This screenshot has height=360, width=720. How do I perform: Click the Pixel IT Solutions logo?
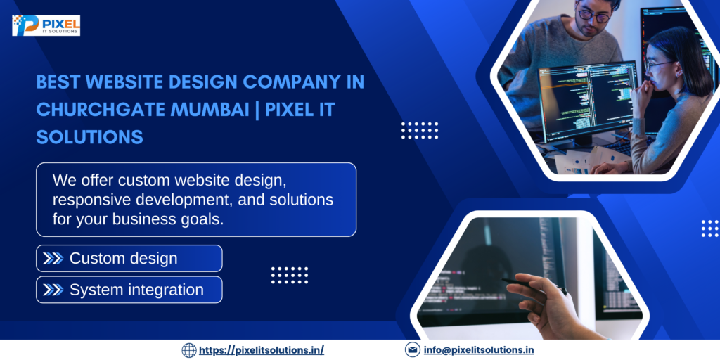46,25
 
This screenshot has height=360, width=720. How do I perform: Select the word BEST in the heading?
58,82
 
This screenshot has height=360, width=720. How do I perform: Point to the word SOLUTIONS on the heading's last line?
89,137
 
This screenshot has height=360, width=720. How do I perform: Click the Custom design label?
123,259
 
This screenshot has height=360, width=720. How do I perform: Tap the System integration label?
136,290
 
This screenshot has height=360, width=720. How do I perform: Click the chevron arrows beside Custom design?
53,259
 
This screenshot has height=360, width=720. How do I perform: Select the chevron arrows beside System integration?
53,290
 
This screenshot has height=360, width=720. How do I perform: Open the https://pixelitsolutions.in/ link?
262,350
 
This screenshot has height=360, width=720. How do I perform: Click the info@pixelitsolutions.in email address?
478,350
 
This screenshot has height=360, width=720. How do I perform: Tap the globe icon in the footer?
189,350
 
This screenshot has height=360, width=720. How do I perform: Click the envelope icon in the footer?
413,350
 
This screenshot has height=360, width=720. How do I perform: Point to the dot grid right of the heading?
420,131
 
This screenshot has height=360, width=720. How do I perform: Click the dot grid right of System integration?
290,275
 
